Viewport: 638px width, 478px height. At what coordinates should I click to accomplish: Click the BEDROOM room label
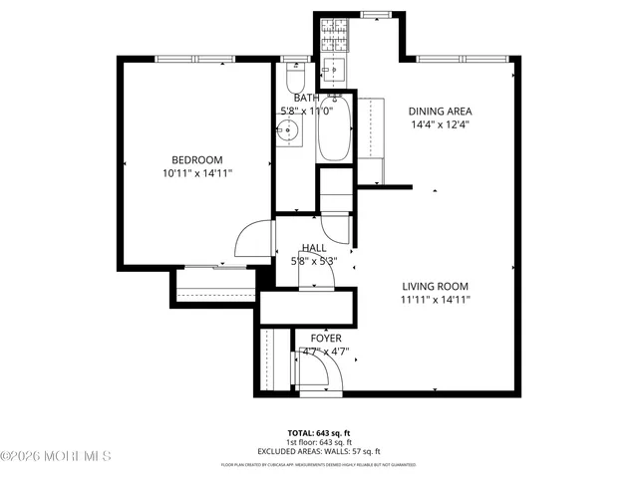[196, 160]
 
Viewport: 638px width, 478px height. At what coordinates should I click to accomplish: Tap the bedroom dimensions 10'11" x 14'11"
[196, 173]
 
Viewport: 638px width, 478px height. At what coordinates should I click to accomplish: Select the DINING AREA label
[440, 112]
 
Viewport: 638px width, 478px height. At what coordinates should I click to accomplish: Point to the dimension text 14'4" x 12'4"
[440, 124]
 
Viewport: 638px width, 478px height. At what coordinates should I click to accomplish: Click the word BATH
[306, 99]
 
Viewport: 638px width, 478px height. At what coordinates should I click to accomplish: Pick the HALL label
[314, 248]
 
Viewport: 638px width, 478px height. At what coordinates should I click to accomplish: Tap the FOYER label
[325, 339]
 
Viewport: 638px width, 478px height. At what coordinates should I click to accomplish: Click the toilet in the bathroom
[293, 78]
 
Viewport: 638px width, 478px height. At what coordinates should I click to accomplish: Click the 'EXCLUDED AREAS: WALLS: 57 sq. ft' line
[320, 451]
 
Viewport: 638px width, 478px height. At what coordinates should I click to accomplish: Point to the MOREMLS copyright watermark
[56, 456]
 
